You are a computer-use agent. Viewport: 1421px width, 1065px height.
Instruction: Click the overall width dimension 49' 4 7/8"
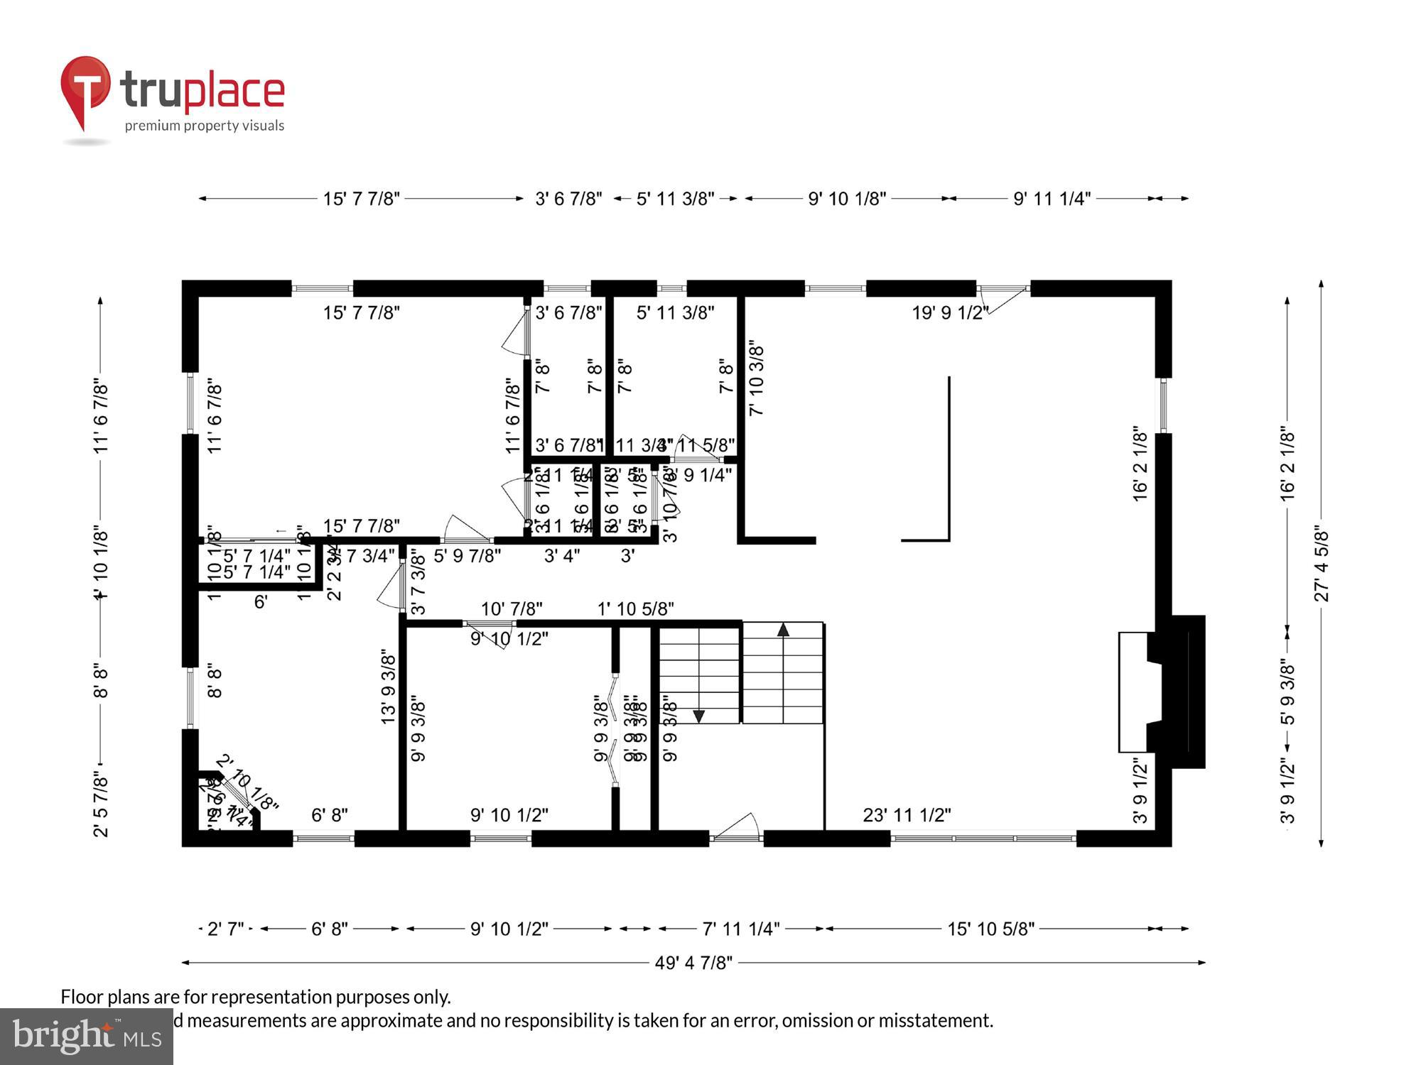pyautogui.click(x=693, y=963)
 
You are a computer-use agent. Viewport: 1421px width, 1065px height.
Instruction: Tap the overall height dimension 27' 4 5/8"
pyautogui.click(x=1322, y=564)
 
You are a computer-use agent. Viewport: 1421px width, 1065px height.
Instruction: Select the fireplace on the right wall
pyautogui.click(x=1162, y=692)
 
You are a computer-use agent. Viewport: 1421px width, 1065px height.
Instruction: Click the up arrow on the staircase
pyautogui.click(x=783, y=630)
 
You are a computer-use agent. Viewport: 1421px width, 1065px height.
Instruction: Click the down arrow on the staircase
pyautogui.click(x=698, y=716)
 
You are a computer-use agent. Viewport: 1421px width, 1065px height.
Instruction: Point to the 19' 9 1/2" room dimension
pyautogui.click(x=950, y=313)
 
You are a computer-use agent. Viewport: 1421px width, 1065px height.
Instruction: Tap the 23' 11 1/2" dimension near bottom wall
pyautogui.click(x=907, y=816)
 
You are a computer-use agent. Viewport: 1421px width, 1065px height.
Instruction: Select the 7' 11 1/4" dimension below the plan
pyautogui.click(x=740, y=929)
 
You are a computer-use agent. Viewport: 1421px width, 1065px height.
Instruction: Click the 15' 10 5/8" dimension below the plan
pyautogui.click(x=990, y=929)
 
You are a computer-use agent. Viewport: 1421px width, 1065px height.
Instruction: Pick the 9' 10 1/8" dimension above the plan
pyautogui.click(x=847, y=199)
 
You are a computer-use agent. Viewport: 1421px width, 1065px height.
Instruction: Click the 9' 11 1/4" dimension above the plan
pyautogui.click(x=1052, y=199)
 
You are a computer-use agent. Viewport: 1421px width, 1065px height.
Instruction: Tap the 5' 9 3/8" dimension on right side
pyautogui.click(x=1288, y=692)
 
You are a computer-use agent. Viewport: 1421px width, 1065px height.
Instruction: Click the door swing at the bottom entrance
pyautogui.click(x=739, y=827)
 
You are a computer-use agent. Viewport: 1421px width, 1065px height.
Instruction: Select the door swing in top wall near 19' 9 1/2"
pyautogui.click(x=1002, y=299)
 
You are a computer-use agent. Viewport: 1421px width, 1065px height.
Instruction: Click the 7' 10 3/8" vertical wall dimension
pyautogui.click(x=757, y=380)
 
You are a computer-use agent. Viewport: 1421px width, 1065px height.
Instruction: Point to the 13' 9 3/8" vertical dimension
pyautogui.click(x=388, y=686)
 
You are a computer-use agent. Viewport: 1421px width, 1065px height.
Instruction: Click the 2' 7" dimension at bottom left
pyautogui.click(x=225, y=929)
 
